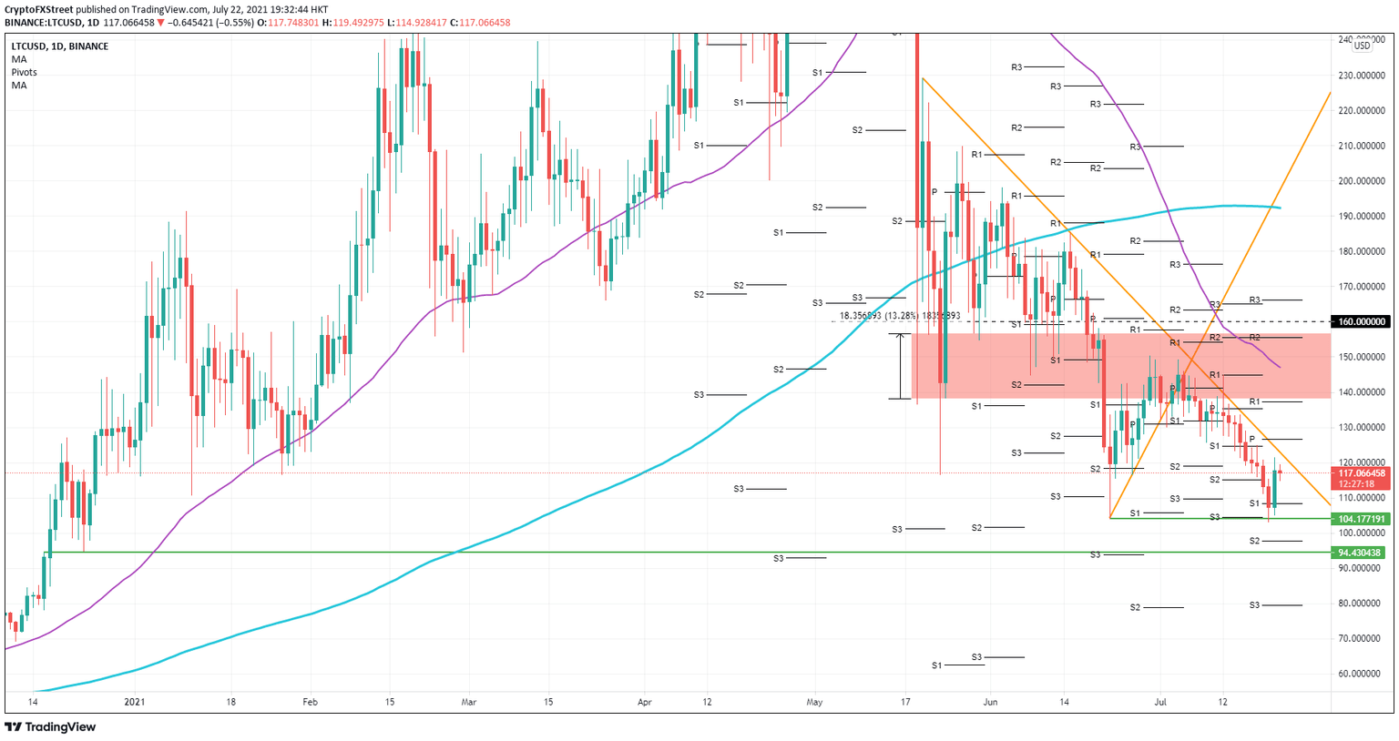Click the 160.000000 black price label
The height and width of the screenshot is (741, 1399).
coord(1361,321)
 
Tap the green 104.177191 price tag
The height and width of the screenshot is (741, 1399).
coord(1361,519)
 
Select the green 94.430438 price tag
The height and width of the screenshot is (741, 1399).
coord(1361,553)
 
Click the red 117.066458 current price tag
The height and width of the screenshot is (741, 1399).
coord(1361,473)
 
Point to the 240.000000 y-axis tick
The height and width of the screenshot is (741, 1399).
coord(1361,40)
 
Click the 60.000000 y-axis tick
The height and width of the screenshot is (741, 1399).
coord(1361,675)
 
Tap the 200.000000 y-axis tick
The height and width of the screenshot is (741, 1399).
coord(1361,181)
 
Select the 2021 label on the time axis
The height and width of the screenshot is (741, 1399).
coord(134,702)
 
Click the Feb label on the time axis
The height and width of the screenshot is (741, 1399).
coord(310,702)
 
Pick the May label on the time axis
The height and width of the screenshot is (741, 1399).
coord(814,702)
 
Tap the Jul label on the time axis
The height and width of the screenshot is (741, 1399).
coord(1160,702)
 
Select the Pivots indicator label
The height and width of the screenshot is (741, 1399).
coord(25,72)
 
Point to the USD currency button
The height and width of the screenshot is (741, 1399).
coord(1362,46)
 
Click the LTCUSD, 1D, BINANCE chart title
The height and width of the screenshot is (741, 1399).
coord(59,46)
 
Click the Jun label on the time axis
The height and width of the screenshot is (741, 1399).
coord(991,702)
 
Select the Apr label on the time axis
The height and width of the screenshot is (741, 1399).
coord(645,702)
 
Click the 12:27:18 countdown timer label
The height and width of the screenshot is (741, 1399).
coord(1356,484)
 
